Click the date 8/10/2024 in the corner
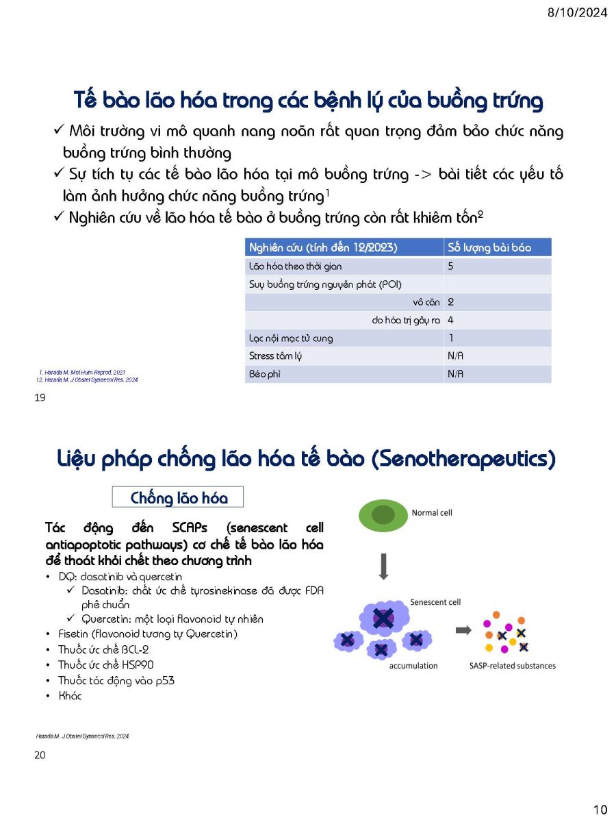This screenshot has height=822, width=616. coord(577,12)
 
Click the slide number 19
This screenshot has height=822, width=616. coord(40,397)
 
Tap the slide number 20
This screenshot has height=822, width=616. coord(40,755)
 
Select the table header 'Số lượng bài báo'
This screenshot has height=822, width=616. coord(489,247)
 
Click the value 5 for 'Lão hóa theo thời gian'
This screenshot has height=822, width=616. coord(450,266)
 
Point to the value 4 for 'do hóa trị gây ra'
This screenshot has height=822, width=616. coord(450,320)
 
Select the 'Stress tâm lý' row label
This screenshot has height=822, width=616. coord(275,356)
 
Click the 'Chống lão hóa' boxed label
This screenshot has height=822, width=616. coord(178,497)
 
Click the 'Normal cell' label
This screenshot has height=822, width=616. coord(431,512)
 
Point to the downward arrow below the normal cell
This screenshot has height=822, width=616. coord(383,566)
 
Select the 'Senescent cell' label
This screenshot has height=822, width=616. coord(435,602)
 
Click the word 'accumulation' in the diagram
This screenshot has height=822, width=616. coord(413,665)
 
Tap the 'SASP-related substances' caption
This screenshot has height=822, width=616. coord(512,665)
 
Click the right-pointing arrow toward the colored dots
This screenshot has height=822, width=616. coord(463,630)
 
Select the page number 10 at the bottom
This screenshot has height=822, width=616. coord(600,810)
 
